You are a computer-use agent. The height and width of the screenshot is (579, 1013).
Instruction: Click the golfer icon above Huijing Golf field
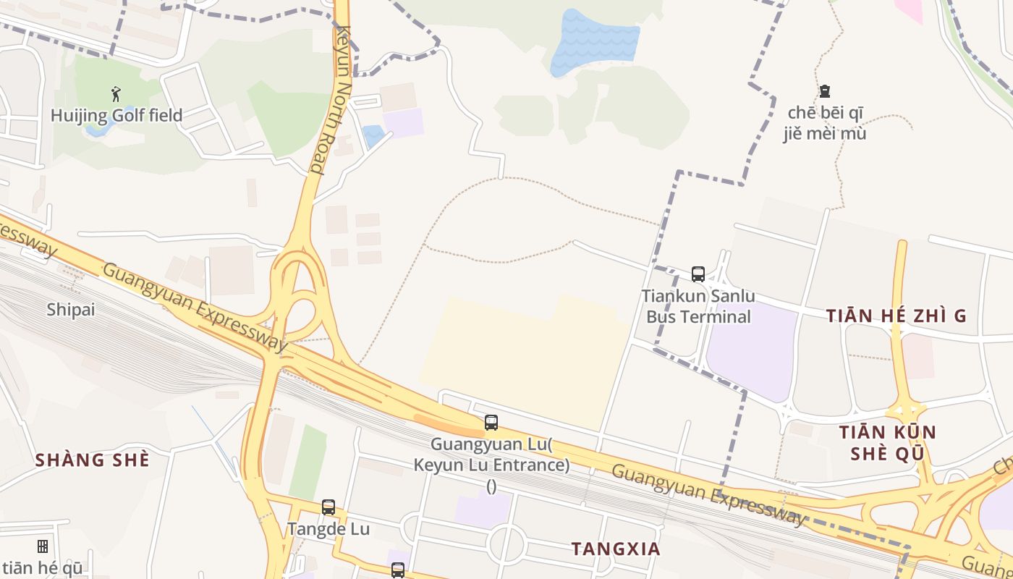pyautogui.click(x=116, y=93)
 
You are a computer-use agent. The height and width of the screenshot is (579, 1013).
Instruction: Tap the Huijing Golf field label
pyautogui.click(x=116, y=115)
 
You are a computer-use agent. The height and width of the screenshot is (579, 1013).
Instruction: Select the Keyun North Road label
pyautogui.click(x=334, y=101)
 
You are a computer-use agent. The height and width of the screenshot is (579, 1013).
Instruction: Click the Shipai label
pyautogui.click(x=71, y=310)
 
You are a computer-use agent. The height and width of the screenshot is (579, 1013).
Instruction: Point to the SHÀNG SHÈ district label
pyautogui.click(x=92, y=460)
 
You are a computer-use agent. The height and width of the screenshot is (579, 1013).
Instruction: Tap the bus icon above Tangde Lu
pyautogui.click(x=329, y=507)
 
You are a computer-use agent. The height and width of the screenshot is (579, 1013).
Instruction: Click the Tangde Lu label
pyautogui.click(x=329, y=529)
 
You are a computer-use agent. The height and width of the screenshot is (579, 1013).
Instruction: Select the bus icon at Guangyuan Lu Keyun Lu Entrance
pyautogui.click(x=491, y=423)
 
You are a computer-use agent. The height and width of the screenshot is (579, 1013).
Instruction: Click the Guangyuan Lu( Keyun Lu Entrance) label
pyautogui.click(x=491, y=454)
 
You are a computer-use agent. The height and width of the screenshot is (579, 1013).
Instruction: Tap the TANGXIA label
pyautogui.click(x=616, y=549)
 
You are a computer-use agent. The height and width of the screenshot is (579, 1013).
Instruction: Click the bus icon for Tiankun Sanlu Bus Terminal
pyautogui.click(x=698, y=274)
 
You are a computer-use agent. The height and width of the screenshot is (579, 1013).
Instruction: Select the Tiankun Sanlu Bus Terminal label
pyautogui.click(x=698, y=306)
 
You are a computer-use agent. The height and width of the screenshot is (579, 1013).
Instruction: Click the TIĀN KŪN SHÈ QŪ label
pyautogui.click(x=887, y=443)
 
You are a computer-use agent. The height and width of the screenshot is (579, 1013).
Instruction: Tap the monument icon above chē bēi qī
pyautogui.click(x=824, y=91)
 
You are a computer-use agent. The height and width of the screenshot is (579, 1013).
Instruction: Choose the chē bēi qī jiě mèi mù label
pyautogui.click(x=824, y=123)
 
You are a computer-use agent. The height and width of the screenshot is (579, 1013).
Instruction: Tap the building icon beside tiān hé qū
pyautogui.click(x=43, y=546)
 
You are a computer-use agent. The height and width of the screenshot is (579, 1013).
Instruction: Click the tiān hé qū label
pyautogui.click(x=42, y=568)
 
